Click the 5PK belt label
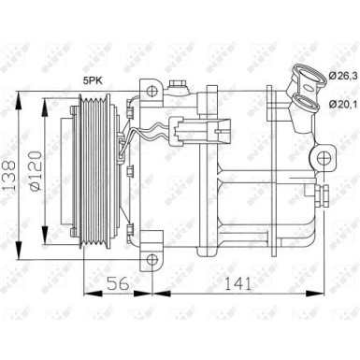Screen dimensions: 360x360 click(x=93, y=81)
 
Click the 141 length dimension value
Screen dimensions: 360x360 click(x=239, y=284)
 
